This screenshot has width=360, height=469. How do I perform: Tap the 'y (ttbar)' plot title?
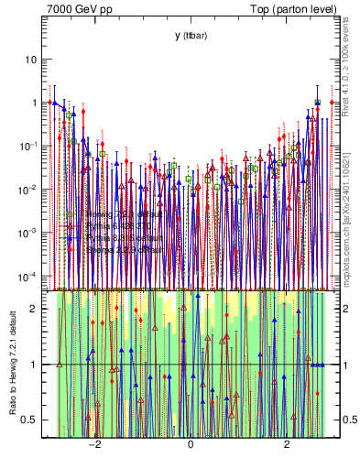tap(190, 35)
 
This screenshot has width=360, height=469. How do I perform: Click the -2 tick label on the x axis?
tap(93, 446)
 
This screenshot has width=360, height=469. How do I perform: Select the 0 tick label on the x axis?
tap(190, 446)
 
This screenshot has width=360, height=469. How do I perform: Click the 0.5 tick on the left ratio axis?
tap(30, 420)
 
